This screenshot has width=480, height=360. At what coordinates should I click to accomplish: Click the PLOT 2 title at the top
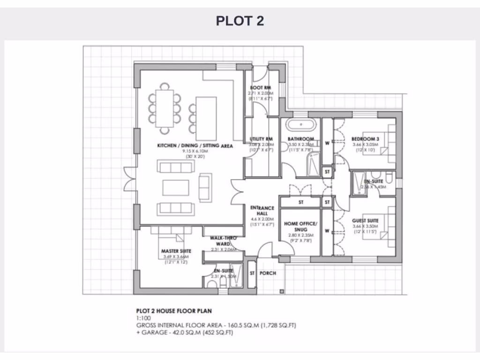pos(240,21)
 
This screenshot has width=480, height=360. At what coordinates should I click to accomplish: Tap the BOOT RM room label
pos(260,88)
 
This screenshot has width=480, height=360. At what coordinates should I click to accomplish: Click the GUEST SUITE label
pos(365,220)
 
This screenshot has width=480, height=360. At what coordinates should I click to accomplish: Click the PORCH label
pos(268,273)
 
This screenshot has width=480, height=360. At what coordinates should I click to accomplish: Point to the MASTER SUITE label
pos(176,251)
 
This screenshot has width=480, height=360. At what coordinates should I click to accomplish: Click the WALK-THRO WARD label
pos(223,241)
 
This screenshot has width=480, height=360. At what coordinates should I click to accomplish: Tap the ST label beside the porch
pos(252,273)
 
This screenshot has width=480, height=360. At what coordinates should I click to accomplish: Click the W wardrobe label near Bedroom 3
pos(327,143)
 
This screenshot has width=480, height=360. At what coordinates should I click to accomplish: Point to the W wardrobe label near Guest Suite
pos(327,230)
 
